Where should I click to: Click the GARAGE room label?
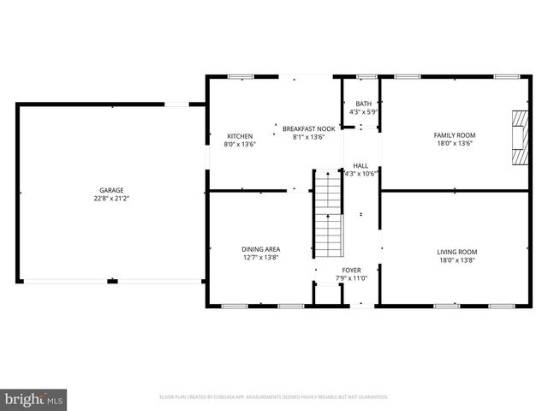(x=111, y=190)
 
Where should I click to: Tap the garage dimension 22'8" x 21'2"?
(x=111, y=198)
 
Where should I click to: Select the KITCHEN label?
(x=240, y=136)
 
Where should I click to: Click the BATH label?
(x=364, y=104)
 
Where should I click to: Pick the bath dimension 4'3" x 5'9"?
(x=364, y=111)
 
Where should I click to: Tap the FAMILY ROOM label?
(x=455, y=135)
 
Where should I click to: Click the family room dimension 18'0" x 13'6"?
(x=455, y=143)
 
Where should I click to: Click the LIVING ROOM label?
(x=456, y=252)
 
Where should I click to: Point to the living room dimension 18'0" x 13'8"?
(x=456, y=259)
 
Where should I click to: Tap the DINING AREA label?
(x=259, y=249)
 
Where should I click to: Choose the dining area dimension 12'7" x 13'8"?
(x=259, y=257)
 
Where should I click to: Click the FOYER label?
(x=352, y=270)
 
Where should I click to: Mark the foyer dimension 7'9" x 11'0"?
(x=352, y=278)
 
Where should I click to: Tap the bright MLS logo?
(x=34, y=399)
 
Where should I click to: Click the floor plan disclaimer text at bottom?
(x=274, y=397)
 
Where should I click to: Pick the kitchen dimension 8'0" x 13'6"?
(x=240, y=144)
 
